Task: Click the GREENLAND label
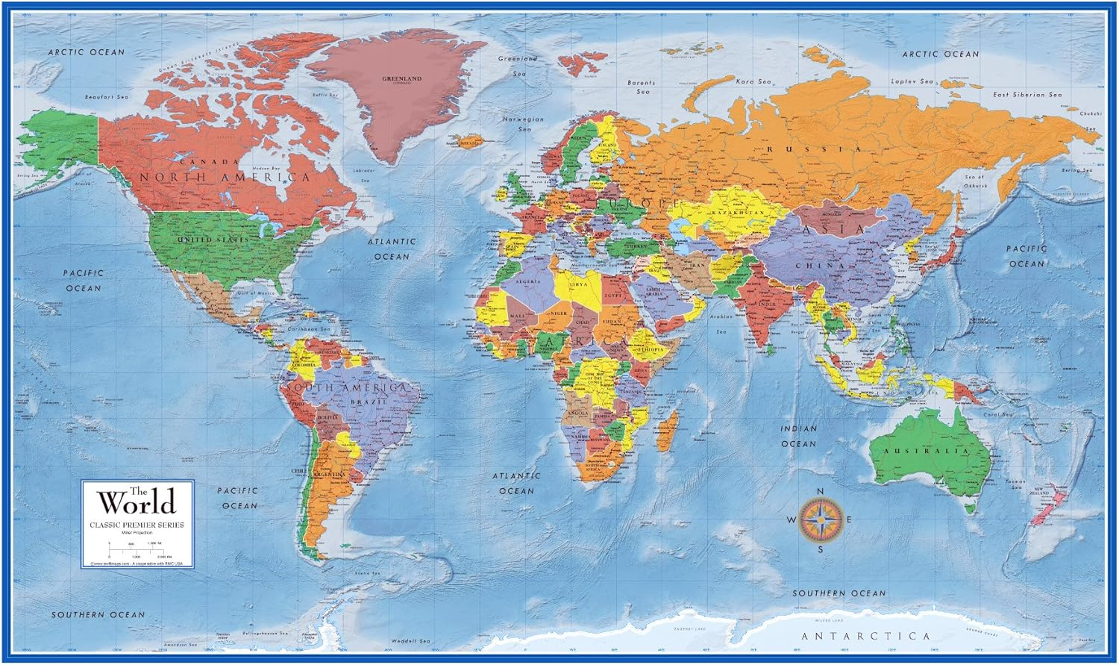tap(402, 78)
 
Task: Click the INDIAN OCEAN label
tap(799, 436)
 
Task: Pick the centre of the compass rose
tap(821, 520)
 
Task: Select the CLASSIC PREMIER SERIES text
tap(138, 525)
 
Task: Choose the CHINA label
tap(819, 266)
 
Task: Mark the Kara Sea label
tap(753, 81)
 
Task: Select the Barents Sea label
tap(642, 87)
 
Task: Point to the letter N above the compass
tap(821, 490)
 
